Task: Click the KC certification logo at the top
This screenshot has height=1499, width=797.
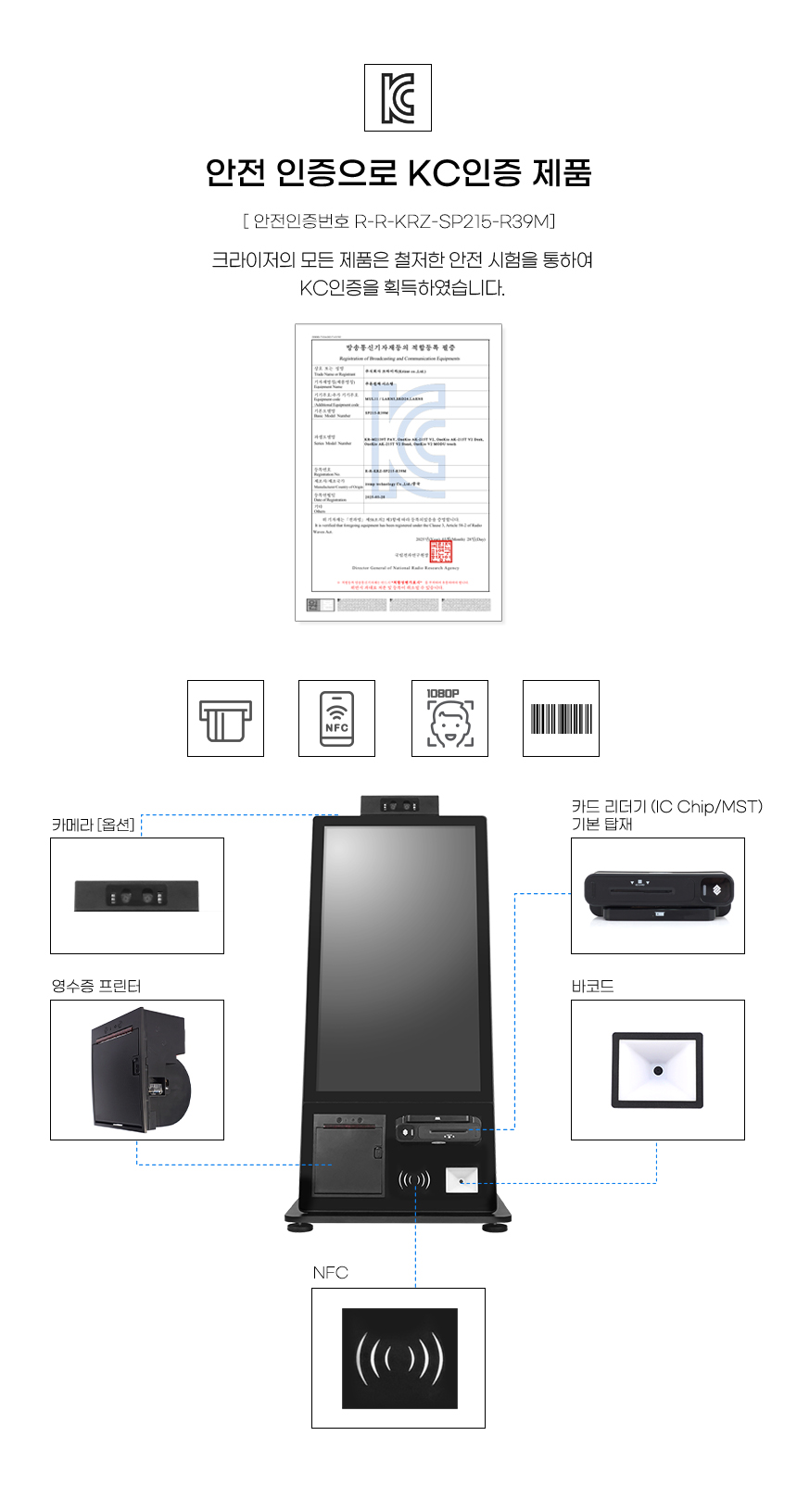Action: click(x=398, y=97)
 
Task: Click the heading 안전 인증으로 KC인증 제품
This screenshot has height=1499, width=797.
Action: click(x=398, y=173)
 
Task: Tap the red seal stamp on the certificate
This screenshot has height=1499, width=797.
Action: click(x=440, y=552)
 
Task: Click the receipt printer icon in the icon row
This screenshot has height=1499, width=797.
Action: click(x=225, y=719)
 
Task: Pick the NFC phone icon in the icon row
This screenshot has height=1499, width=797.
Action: click(x=336, y=719)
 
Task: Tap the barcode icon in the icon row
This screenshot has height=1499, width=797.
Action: click(x=561, y=719)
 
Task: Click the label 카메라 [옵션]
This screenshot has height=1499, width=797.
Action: click(x=94, y=825)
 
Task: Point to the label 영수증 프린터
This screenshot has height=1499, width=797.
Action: click(x=96, y=986)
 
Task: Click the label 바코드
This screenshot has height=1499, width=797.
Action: click(x=593, y=986)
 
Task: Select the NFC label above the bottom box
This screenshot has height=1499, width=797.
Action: click(x=331, y=1273)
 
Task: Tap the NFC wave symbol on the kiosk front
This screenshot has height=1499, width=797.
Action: click(x=414, y=1180)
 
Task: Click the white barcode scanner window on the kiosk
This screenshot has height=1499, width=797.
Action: click(x=462, y=1180)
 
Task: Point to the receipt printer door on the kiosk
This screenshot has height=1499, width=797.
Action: click(x=348, y=1156)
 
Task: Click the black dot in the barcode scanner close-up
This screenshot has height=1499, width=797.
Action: click(x=658, y=1071)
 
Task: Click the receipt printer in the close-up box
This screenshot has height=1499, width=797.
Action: click(x=139, y=1070)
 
